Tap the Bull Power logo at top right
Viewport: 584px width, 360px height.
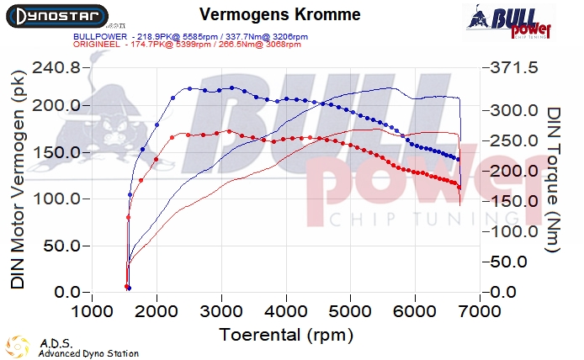pyautogui.click(x=511, y=22)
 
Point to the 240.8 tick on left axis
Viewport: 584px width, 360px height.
pyautogui.click(x=56, y=68)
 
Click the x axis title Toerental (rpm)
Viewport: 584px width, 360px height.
pyautogui.click(x=285, y=334)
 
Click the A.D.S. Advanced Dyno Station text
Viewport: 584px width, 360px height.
pyautogui.click(x=88, y=348)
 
